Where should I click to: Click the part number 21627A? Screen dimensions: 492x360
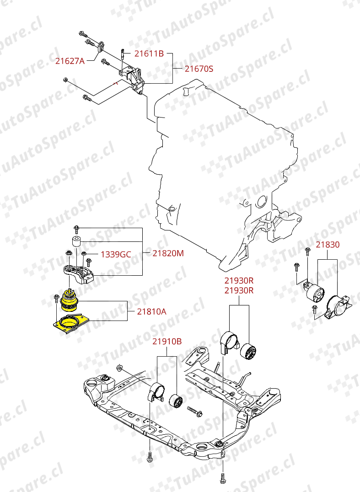coord(70,60)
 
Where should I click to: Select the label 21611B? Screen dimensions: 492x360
coord(149,53)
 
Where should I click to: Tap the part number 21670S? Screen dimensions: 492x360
coord(199,69)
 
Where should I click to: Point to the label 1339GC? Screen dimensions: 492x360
coord(116,254)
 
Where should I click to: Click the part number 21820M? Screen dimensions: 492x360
coord(168,253)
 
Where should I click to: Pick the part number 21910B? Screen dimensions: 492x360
coord(167,341)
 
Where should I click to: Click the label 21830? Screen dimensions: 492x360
coord(328,245)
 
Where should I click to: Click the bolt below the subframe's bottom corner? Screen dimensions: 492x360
coord(222,478)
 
